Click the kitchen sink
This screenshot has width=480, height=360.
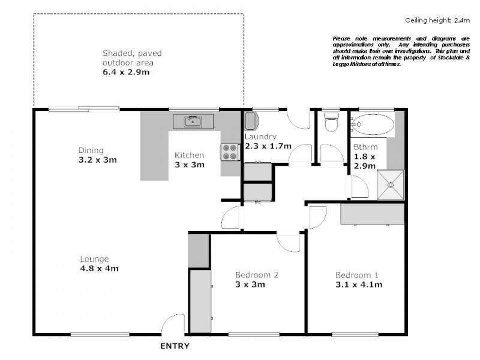click(193, 122)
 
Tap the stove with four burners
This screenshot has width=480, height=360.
click(230, 152)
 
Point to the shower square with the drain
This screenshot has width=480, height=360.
click(390, 185)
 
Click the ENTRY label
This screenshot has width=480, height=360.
click(175, 346)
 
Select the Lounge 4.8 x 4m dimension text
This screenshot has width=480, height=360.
click(100, 268)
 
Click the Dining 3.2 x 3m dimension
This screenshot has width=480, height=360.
click(97, 160)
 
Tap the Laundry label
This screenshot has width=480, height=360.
click(260, 137)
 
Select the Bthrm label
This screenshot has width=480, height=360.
click(365, 147)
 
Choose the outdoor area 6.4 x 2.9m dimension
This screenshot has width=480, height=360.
click(125, 72)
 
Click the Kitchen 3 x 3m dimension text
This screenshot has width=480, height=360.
click(190, 164)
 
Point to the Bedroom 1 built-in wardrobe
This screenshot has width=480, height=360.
click(373, 214)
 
